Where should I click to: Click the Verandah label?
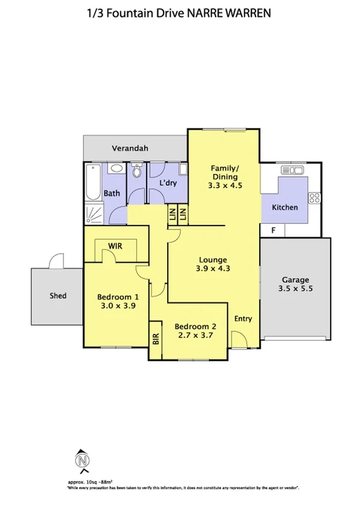130,148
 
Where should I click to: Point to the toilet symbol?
137,173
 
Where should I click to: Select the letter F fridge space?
273,230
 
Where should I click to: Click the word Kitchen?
284,207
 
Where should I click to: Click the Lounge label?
213,260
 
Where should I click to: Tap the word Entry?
243,318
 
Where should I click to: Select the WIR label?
116,245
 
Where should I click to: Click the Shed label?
58,296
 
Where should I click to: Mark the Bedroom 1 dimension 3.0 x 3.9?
118,306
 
